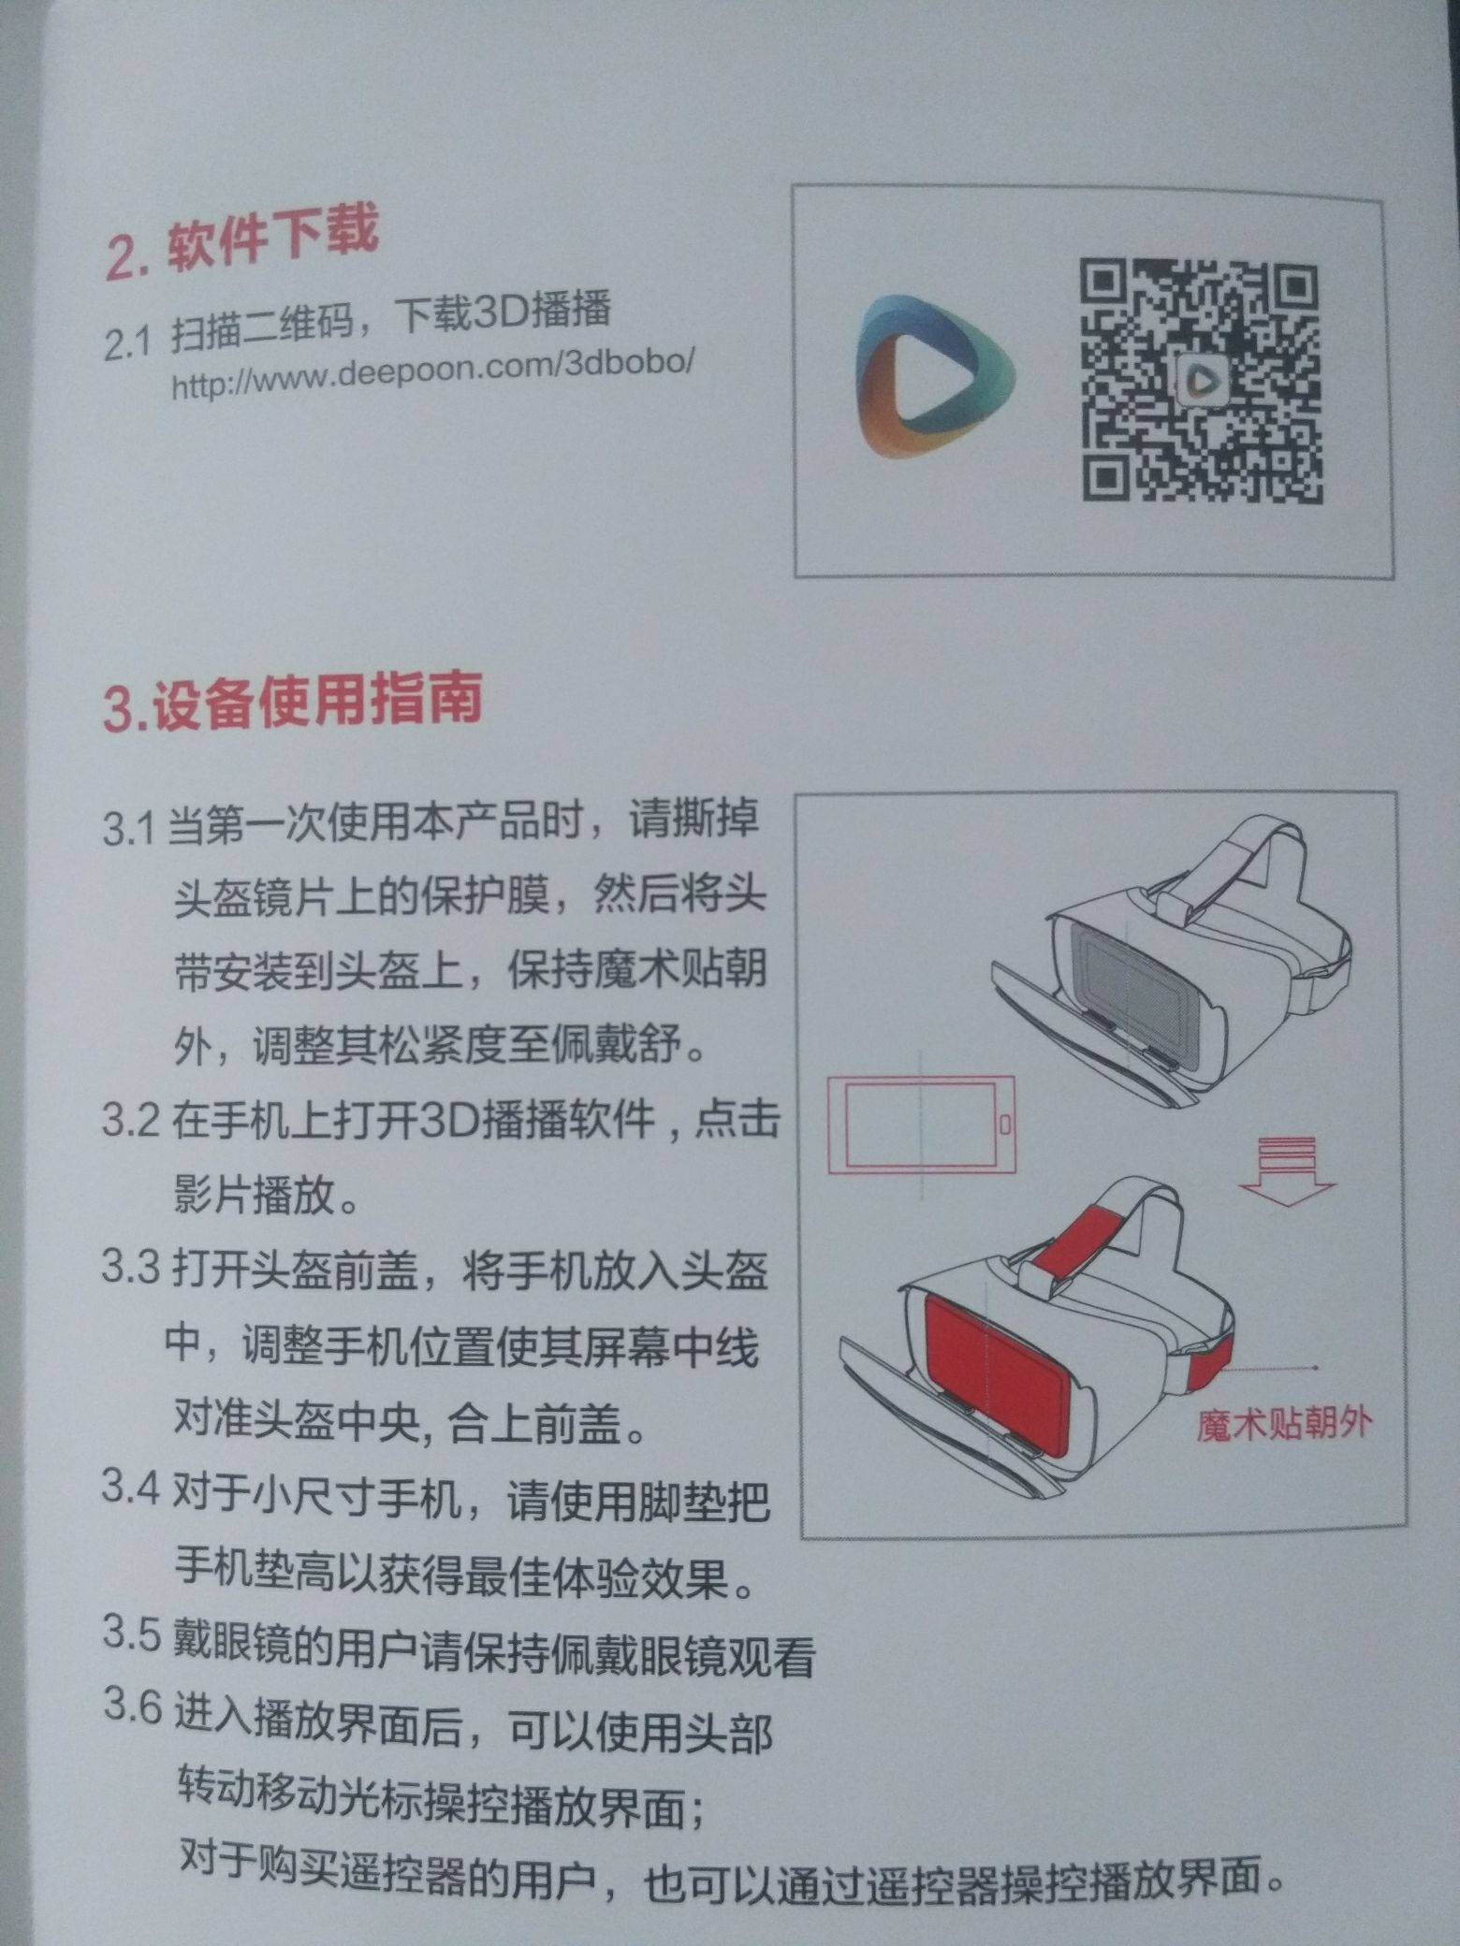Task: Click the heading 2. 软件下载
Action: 241,242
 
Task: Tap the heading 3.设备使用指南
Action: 292,702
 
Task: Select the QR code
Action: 1202,380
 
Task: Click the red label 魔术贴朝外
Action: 1284,1423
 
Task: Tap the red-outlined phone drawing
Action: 921,1123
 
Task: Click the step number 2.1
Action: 126,344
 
